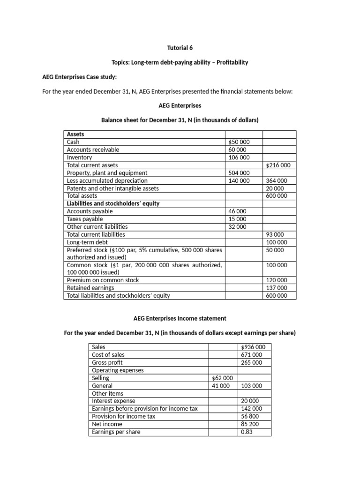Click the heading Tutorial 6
(x=180, y=48)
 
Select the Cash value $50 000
(x=239, y=142)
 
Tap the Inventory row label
(x=80, y=157)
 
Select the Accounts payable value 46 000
(x=238, y=211)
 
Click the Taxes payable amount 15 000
(x=238, y=219)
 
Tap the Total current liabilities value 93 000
(x=277, y=234)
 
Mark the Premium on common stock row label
(x=103, y=280)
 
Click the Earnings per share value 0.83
(x=246, y=432)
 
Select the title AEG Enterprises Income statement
(x=180, y=318)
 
